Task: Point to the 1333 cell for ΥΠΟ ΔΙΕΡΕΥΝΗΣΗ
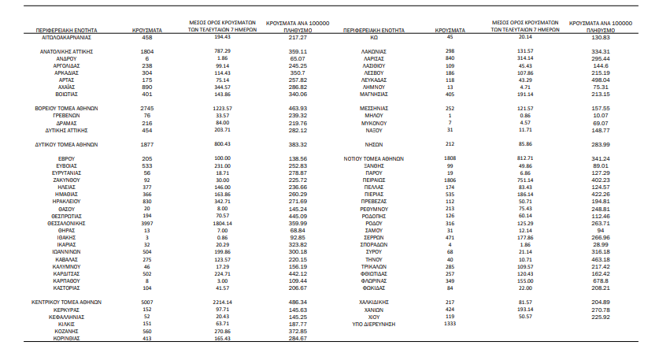(450, 323)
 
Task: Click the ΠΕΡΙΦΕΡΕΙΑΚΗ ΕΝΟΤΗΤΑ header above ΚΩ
(374, 30)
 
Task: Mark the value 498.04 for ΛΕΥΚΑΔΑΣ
(601, 80)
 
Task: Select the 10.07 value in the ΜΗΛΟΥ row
(601, 115)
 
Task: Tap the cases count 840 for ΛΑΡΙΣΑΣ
(450, 58)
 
